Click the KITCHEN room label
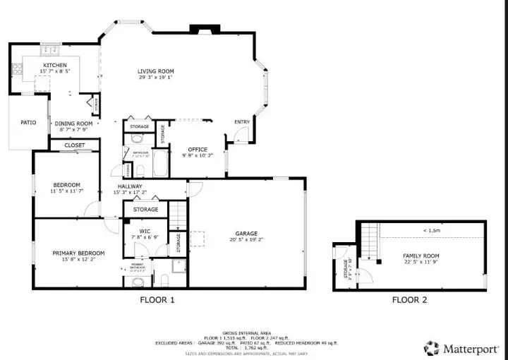(54, 66)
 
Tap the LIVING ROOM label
(156, 71)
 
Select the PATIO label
(28, 123)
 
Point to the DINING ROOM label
(74, 124)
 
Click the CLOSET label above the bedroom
(75, 145)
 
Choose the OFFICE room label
(198, 150)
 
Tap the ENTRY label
(242, 122)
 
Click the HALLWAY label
(130, 186)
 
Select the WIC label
(145, 231)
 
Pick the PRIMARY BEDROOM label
(78, 253)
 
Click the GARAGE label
(246, 234)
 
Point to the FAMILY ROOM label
(421, 256)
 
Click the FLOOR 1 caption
(157, 300)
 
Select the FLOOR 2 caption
(409, 300)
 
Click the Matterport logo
(461, 348)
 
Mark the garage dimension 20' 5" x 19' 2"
(246, 240)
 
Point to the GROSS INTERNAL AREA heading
(246, 332)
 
